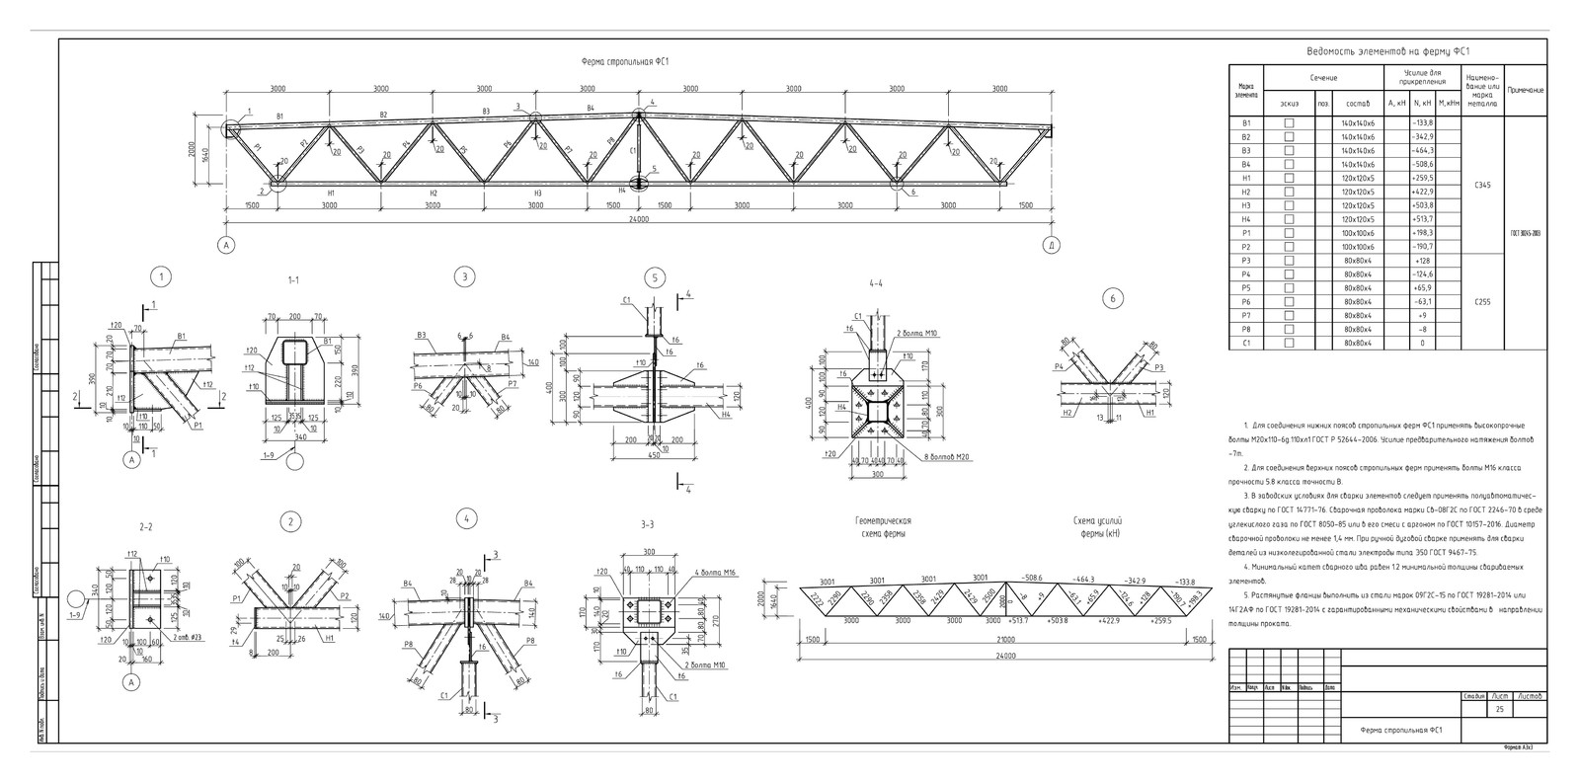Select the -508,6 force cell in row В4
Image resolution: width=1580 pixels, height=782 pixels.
(x=1423, y=164)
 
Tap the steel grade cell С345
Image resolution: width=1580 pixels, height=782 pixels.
(x=1481, y=185)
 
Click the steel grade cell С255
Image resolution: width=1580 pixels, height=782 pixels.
(x=1481, y=302)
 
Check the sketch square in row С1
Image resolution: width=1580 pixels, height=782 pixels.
(x=1288, y=344)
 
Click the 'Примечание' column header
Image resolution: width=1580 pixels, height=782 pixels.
(x=1526, y=90)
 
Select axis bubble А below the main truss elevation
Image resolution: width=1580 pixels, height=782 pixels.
(x=226, y=245)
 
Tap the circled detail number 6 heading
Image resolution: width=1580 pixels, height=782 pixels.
(x=1112, y=298)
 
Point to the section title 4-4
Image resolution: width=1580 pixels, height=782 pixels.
(x=875, y=282)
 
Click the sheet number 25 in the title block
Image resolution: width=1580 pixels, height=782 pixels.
(x=1500, y=710)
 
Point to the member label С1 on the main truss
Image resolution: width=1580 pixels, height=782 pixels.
(x=632, y=151)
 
